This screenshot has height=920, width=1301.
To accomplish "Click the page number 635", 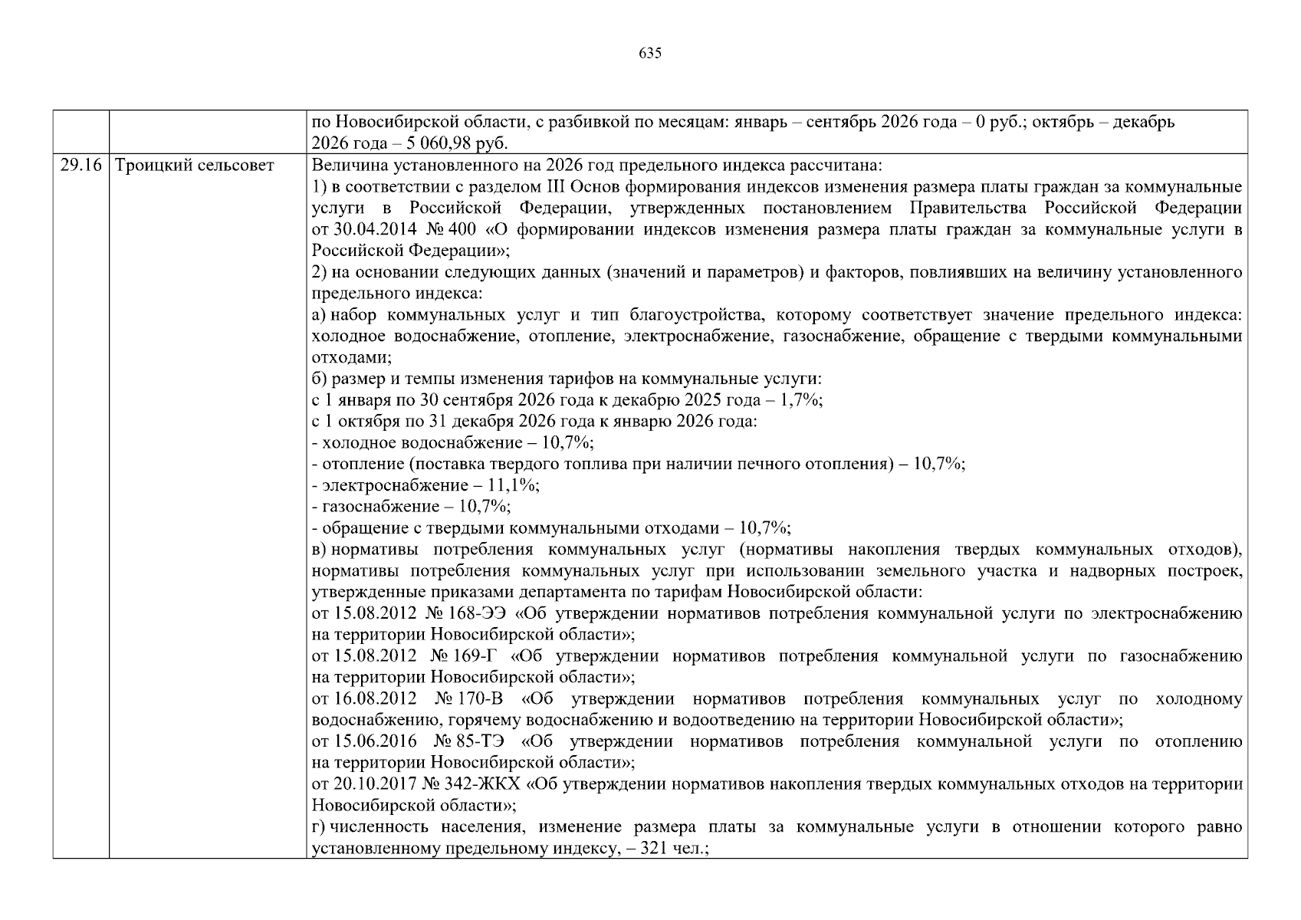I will [649, 53].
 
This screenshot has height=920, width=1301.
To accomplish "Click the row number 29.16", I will [80, 166].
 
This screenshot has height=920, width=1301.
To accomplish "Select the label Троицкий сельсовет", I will [194, 166].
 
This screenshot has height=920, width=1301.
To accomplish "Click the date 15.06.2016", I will [376, 741].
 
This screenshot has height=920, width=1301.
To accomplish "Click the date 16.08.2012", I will [376, 699].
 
